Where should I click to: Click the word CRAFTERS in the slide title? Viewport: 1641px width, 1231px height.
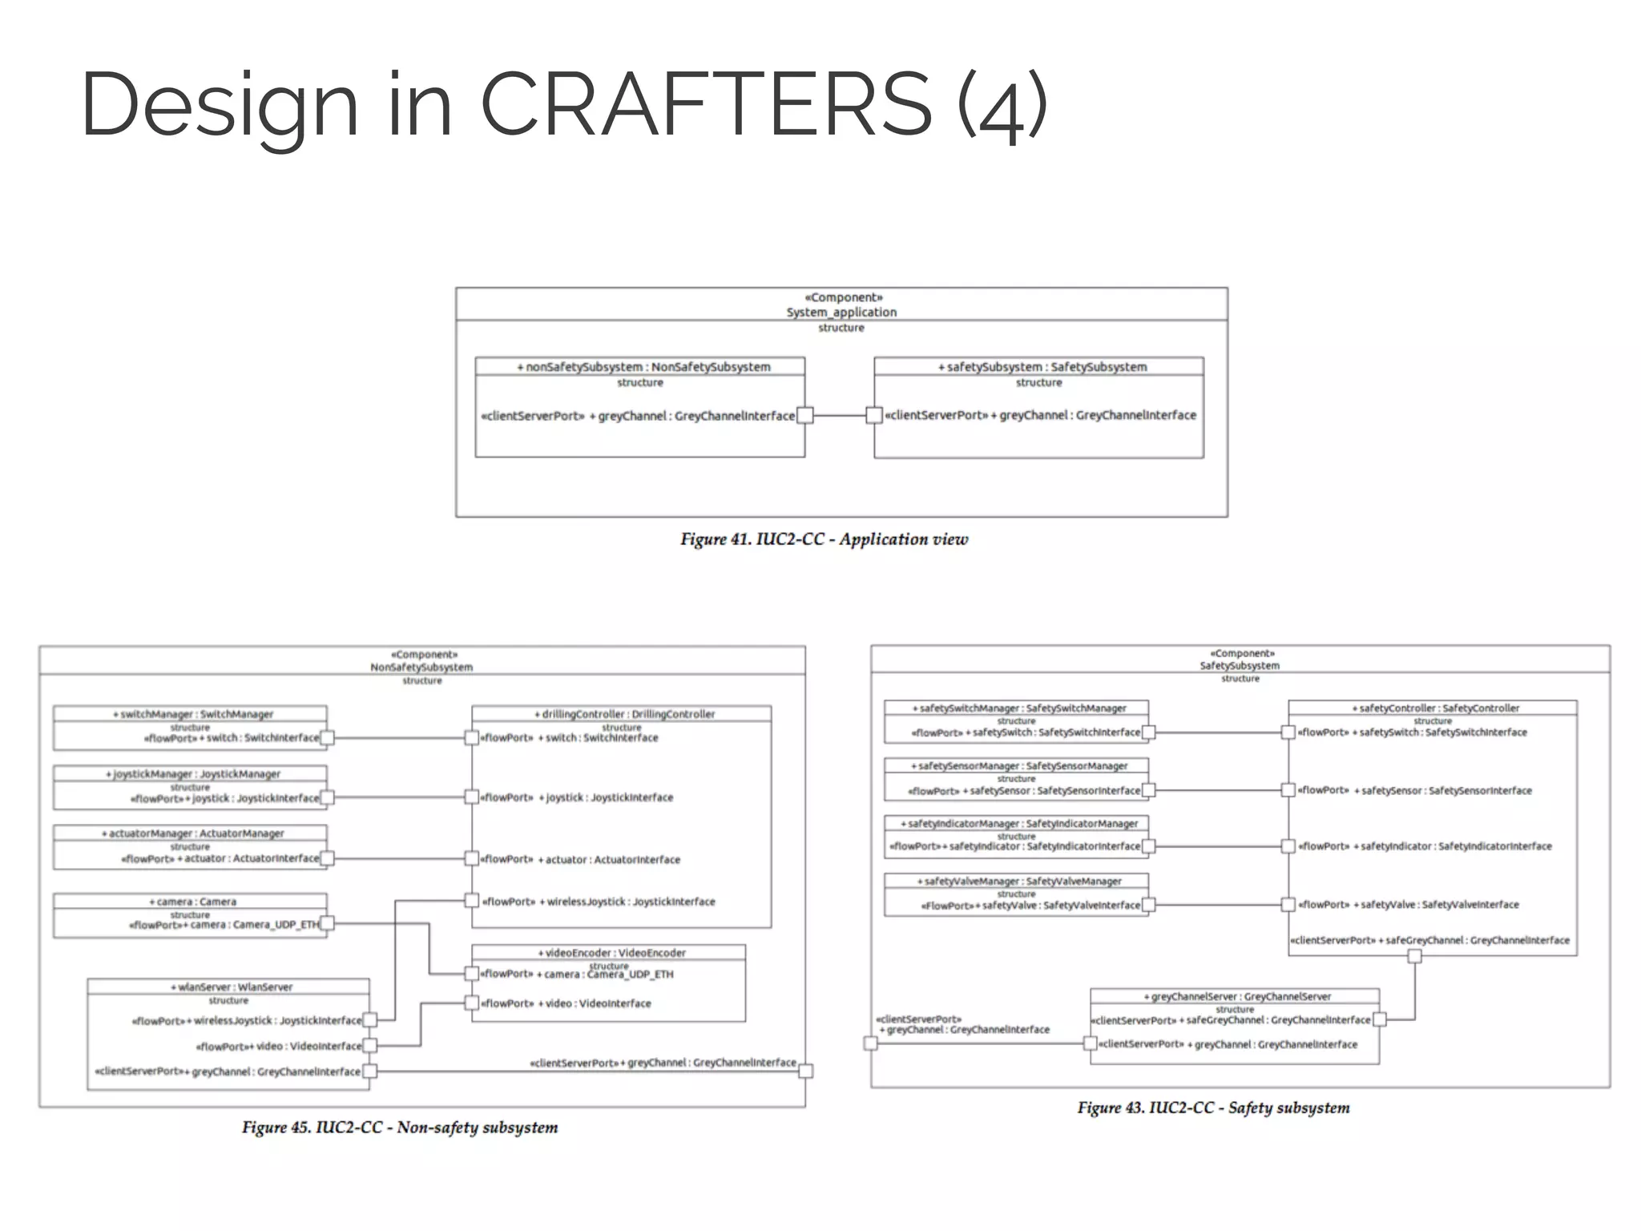tap(705, 104)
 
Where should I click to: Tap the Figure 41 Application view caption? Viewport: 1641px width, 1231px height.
tap(824, 539)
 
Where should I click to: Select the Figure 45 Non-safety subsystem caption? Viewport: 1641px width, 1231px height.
tap(400, 1128)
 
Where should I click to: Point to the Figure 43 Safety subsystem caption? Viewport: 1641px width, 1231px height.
tap(1212, 1108)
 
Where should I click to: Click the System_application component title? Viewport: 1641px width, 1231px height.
tap(841, 312)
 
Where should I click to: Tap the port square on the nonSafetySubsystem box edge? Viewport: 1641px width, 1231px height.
tap(805, 415)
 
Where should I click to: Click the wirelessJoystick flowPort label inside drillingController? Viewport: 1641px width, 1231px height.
tap(599, 902)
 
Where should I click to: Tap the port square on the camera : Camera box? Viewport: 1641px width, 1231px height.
tap(327, 923)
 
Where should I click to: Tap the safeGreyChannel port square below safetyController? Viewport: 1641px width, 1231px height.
tap(1414, 956)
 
